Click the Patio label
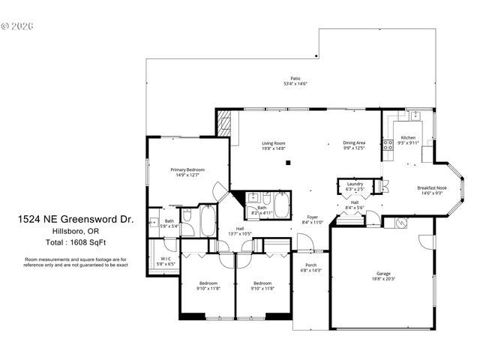pos(295,78)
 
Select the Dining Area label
pos(354,142)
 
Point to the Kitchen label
pos(408,138)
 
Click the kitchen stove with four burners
pos(388,145)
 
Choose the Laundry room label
pos(355,184)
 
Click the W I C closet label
pos(166,259)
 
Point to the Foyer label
pos(310,217)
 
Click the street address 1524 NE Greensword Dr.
pos(76,220)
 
